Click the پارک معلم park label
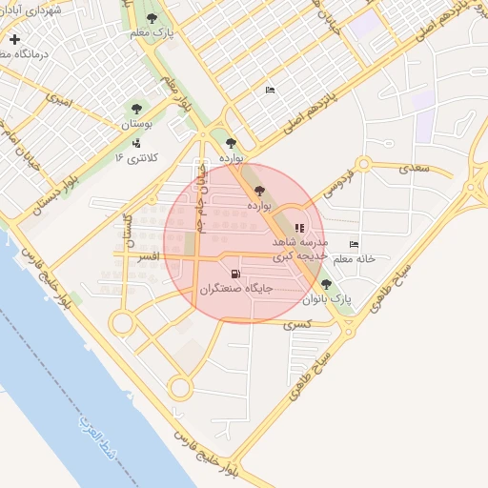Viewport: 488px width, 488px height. (x=153, y=31)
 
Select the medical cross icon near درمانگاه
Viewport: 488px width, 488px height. (x=14, y=40)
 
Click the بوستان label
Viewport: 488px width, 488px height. (x=135, y=125)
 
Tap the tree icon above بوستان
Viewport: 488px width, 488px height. (x=135, y=110)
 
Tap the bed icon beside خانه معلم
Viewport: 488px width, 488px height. (x=355, y=244)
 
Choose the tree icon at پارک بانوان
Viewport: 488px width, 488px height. (x=327, y=284)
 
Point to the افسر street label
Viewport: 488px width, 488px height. (x=148, y=257)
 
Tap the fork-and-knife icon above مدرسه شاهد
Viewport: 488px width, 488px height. (x=299, y=228)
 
